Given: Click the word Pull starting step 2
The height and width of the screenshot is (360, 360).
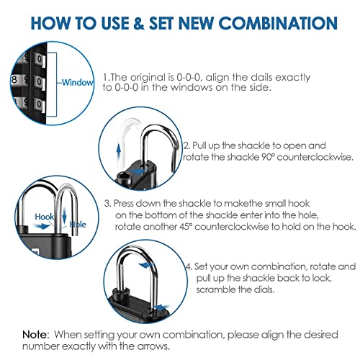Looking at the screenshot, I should click(x=202, y=144).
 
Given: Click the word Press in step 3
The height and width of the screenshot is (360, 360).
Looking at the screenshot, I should click(x=129, y=203).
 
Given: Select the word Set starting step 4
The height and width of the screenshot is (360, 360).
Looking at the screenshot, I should click(x=204, y=265).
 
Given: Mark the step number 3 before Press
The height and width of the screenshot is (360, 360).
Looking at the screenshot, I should click(x=107, y=203).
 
